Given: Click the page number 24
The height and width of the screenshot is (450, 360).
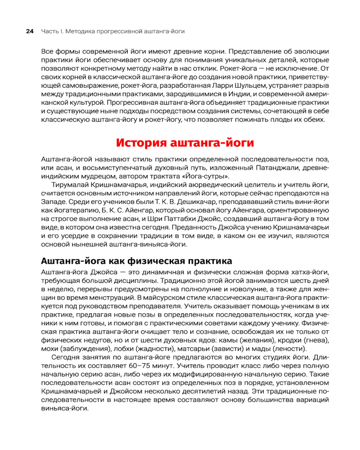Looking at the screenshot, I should tap(30, 31).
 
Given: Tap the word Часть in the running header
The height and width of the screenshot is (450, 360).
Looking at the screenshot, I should tap(49, 31).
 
